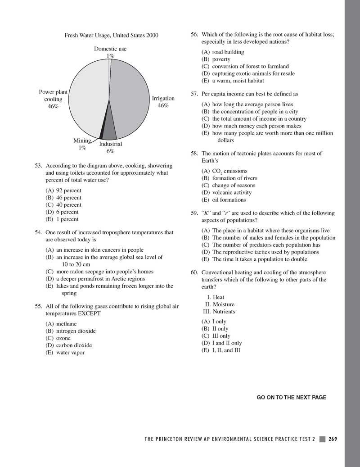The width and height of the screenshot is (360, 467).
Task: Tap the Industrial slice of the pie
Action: click(x=110, y=131)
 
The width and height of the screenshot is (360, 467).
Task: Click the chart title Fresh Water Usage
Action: click(x=111, y=35)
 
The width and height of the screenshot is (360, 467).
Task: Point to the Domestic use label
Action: click(x=110, y=49)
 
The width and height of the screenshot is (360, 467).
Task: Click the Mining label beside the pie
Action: click(x=82, y=141)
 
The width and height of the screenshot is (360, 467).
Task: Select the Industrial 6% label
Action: click(x=110, y=148)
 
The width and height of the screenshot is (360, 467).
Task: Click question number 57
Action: click(x=194, y=94)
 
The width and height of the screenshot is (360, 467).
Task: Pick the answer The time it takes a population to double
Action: click(x=255, y=259)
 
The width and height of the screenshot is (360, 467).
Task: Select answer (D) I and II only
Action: click(x=221, y=343)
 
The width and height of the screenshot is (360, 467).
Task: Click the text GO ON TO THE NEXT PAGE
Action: click(x=291, y=397)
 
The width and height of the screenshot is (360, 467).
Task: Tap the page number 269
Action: click(x=333, y=440)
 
